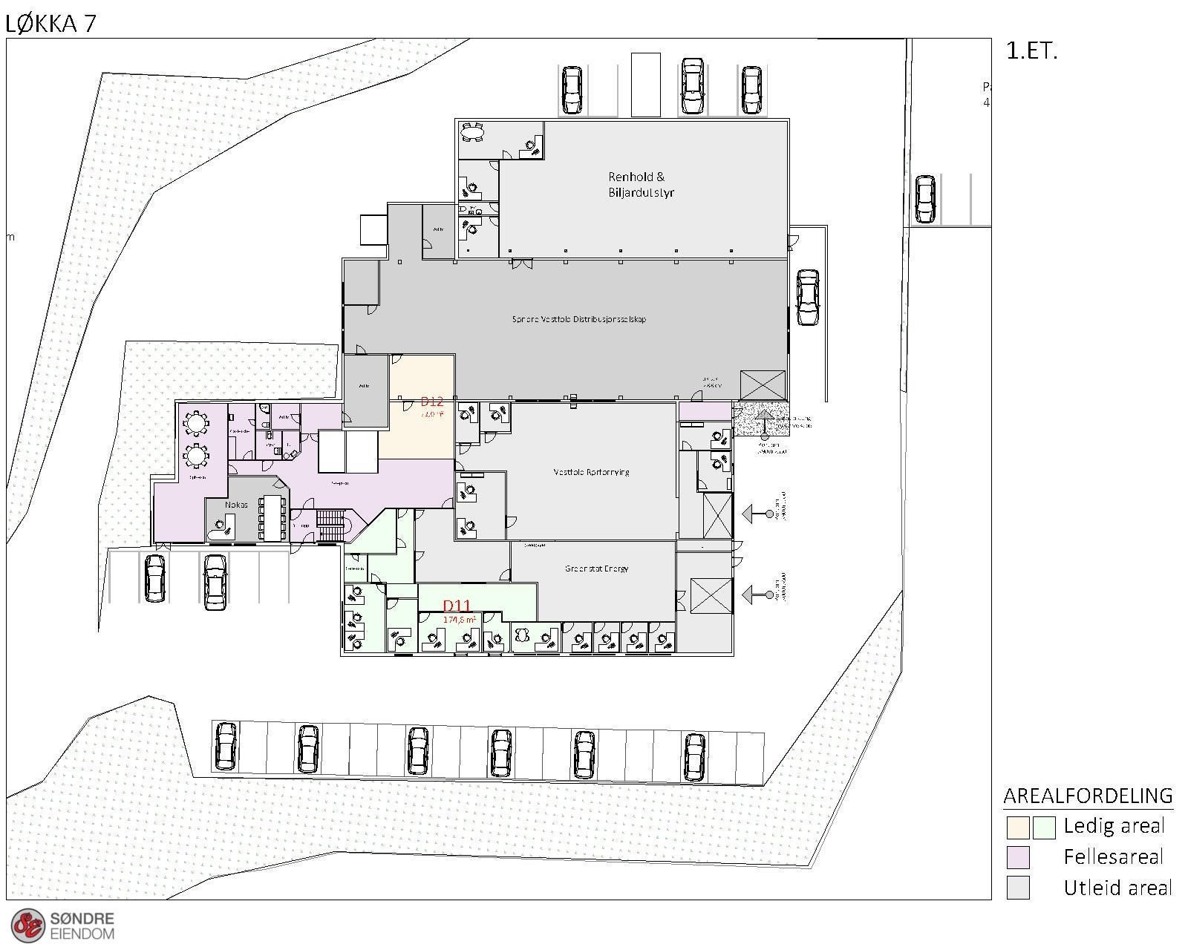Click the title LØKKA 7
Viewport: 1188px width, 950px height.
(x=50, y=24)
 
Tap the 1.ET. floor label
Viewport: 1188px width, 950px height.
(x=1031, y=50)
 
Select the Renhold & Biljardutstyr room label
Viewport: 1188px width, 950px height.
(x=641, y=184)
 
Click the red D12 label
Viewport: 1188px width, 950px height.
(x=431, y=402)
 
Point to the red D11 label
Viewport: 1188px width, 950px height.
(x=457, y=606)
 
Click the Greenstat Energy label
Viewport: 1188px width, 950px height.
(x=596, y=569)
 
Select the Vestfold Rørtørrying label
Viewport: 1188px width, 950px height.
(x=591, y=471)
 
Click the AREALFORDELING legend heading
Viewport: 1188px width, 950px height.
(x=1088, y=796)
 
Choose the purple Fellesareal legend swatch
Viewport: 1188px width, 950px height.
(x=1017, y=857)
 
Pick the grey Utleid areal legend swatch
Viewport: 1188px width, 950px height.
(x=1017, y=888)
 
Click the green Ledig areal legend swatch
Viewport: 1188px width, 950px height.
(x=1043, y=827)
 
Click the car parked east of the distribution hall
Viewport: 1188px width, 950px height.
(x=807, y=297)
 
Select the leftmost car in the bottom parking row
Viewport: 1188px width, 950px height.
(x=226, y=747)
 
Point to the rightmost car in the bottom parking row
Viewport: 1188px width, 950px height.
(x=694, y=756)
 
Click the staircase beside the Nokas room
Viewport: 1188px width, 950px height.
(x=330, y=525)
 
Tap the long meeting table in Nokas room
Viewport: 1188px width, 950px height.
(x=272, y=517)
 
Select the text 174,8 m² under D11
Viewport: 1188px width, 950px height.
(x=459, y=619)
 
